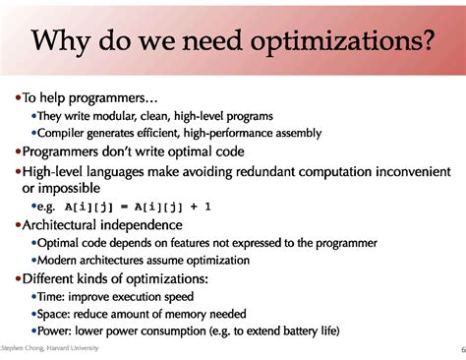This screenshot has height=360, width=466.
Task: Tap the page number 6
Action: [x=461, y=350]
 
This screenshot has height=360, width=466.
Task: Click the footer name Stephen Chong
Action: [x=25, y=350]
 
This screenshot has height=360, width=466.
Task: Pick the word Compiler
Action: [x=64, y=133]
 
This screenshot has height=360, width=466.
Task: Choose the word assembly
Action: [x=294, y=133]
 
